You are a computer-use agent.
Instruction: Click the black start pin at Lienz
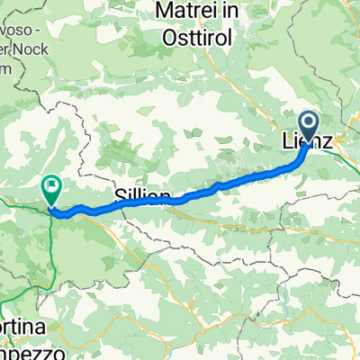tap(307, 128)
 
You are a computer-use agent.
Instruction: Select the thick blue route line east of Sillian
tap(216, 188)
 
